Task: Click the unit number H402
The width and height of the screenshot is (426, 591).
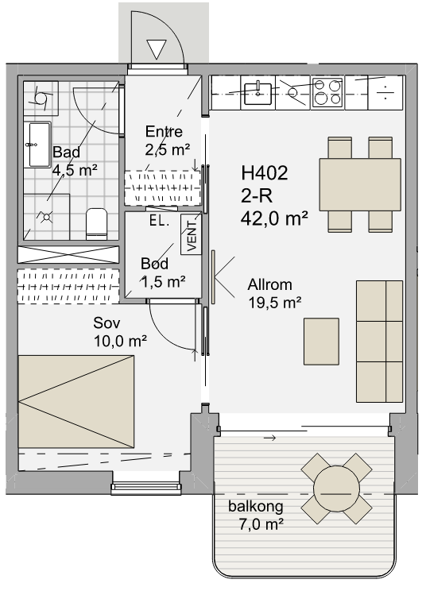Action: click(x=265, y=173)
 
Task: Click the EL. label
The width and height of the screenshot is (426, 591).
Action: click(x=159, y=221)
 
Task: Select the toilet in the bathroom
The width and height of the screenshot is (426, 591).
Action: click(x=96, y=224)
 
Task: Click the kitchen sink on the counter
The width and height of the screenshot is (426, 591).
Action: click(x=258, y=93)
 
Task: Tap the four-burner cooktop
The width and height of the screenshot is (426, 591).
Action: click(x=327, y=92)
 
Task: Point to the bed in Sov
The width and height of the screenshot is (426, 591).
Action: click(x=76, y=402)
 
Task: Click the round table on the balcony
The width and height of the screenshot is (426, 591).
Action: click(x=336, y=489)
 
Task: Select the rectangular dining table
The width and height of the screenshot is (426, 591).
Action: click(x=360, y=184)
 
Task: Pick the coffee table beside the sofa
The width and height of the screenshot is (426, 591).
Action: click(x=321, y=342)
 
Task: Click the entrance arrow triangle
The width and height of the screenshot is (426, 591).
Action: click(x=156, y=49)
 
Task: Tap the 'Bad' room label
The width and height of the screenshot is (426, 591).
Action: click(x=66, y=153)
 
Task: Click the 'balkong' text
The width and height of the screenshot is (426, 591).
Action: click(x=256, y=506)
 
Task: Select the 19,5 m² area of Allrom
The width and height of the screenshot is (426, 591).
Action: click(x=275, y=303)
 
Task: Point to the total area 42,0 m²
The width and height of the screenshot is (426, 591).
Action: click(x=274, y=218)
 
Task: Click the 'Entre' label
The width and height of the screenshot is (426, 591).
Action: click(x=164, y=132)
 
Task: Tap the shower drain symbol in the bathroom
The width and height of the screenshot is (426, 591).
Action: click(x=46, y=217)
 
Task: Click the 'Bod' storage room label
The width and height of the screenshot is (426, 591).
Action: click(x=154, y=264)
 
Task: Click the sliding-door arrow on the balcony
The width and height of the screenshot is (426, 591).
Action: click(x=269, y=438)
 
